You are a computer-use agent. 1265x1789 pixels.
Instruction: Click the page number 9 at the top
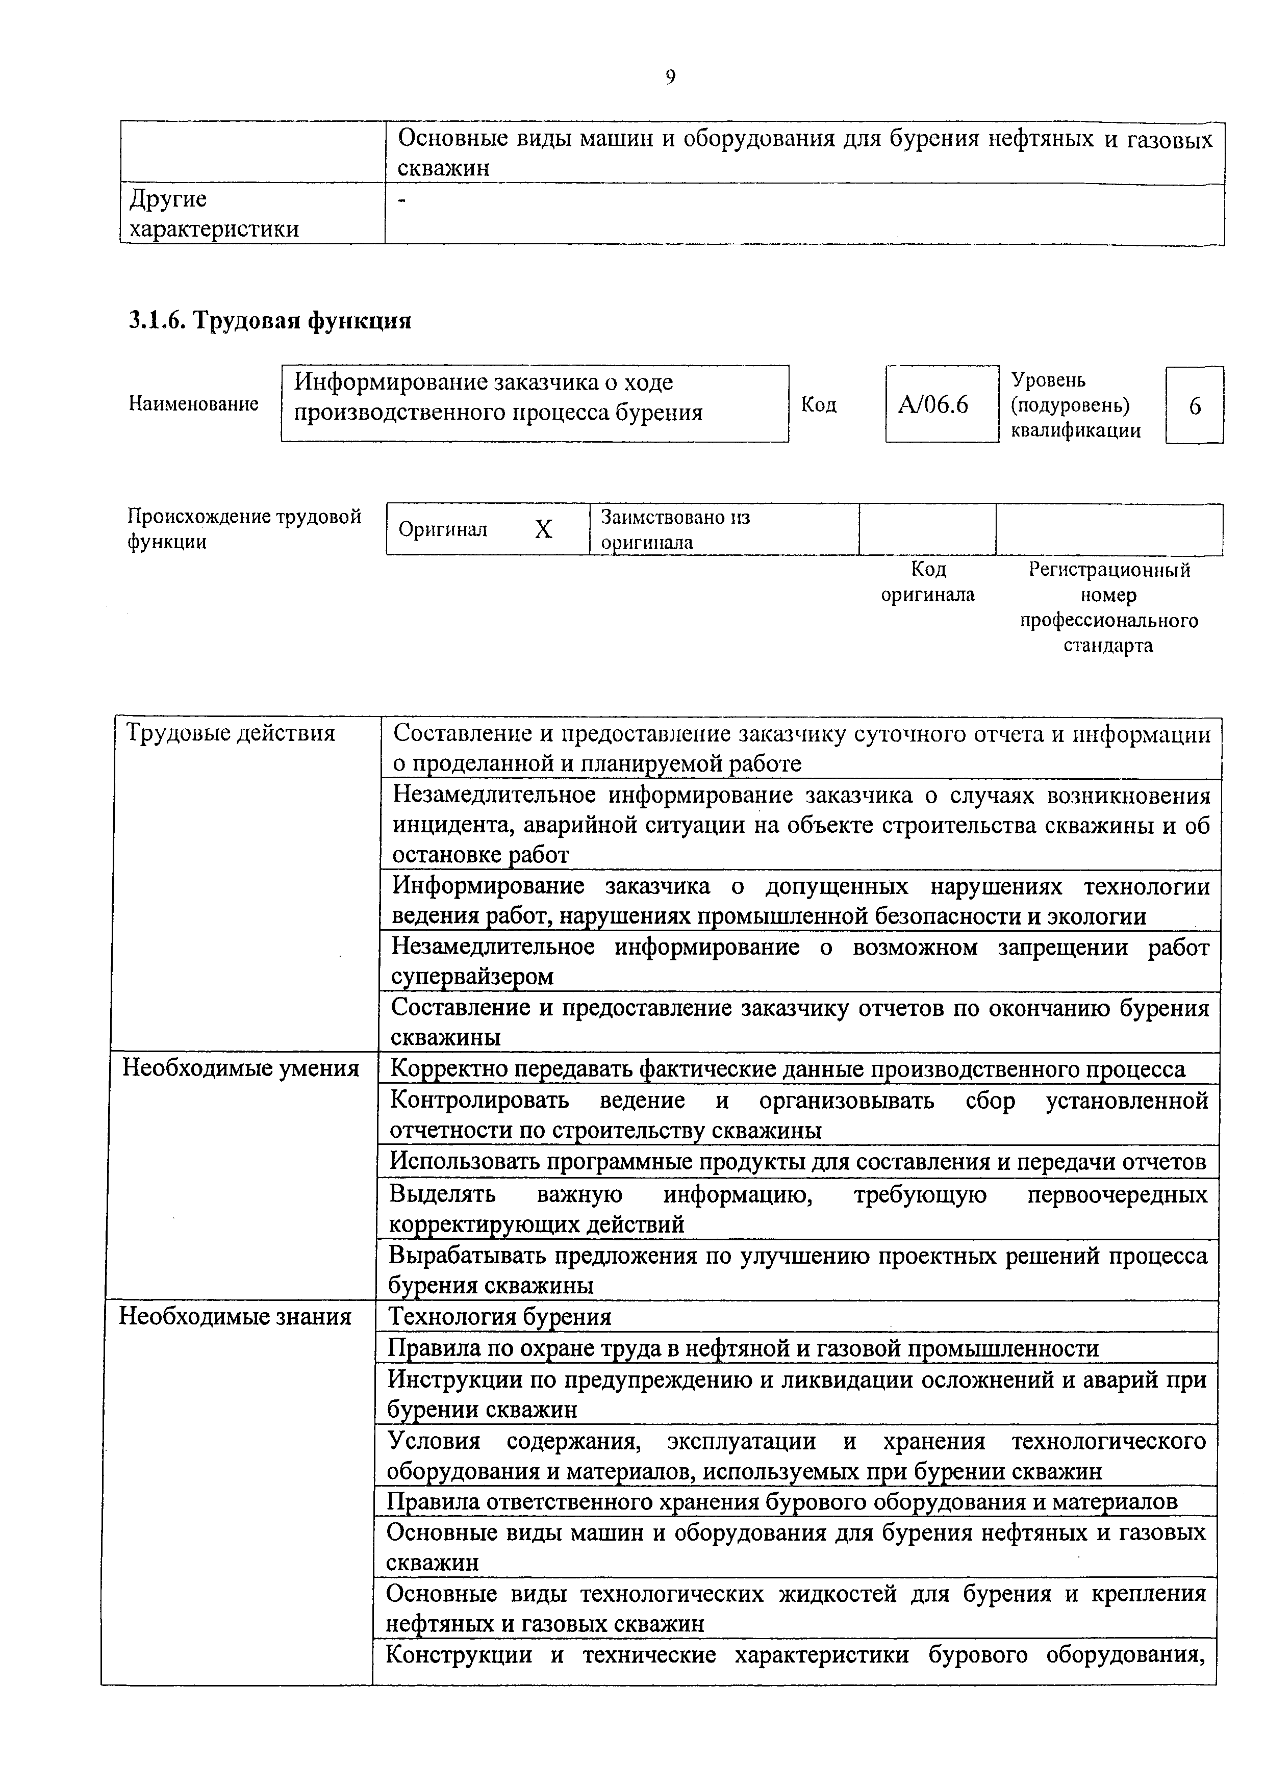point(670,76)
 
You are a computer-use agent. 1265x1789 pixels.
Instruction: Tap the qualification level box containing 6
point(1194,406)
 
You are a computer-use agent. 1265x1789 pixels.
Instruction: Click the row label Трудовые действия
point(231,733)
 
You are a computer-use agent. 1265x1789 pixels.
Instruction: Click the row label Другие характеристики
point(214,214)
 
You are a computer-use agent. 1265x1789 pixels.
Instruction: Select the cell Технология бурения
point(499,1316)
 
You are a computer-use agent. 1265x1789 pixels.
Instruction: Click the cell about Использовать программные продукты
point(797,1161)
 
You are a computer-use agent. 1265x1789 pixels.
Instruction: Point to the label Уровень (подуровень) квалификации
point(1076,405)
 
